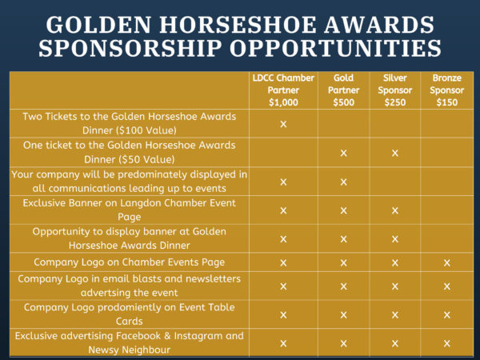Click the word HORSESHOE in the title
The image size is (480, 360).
click(x=238, y=25)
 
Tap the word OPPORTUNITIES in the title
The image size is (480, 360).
click(x=336, y=48)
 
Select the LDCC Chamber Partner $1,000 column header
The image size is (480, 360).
click(x=283, y=90)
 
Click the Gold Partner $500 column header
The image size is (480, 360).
click(x=343, y=90)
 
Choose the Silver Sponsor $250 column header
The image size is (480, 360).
click(x=395, y=90)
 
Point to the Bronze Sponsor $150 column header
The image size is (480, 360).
click(x=447, y=90)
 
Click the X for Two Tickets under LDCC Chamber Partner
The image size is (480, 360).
click(x=283, y=124)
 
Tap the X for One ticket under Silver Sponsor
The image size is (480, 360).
click(x=395, y=153)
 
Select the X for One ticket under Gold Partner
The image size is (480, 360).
click(x=343, y=153)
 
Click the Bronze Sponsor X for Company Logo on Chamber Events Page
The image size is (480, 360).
click(x=447, y=262)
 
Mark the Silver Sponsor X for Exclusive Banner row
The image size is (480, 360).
click(x=395, y=210)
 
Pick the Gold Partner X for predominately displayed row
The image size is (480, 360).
click(x=343, y=182)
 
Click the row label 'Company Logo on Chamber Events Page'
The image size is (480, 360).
click(x=129, y=262)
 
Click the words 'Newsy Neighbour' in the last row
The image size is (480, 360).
click(x=129, y=350)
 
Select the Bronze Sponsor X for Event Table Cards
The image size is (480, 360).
click(x=447, y=315)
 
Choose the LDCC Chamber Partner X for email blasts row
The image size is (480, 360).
click(x=283, y=286)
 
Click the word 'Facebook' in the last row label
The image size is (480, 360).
click(x=138, y=336)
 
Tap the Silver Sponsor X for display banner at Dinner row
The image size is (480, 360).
click(x=395, y=239)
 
